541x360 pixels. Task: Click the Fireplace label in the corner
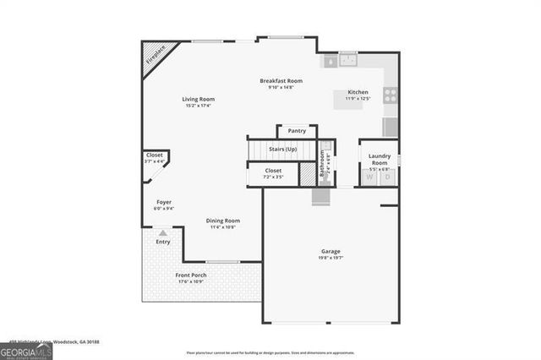click(155, 56)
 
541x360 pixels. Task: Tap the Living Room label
click(198, 99)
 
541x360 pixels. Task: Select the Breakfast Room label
click(280, 81)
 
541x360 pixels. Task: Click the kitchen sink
click(347, 60)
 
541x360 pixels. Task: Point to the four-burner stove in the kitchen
click(391, 95)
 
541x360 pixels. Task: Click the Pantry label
click(297, 131)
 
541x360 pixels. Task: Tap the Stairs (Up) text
click(282, 150)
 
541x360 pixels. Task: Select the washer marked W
click(369, 177)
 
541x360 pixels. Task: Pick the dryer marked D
click(388, 177)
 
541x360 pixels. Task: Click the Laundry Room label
click(380, 159)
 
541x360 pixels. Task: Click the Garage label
click(331, 252)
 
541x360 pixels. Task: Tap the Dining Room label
click(223, 221)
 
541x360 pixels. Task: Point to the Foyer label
click(163, 203)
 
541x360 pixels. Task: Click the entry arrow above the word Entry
click(162, 231)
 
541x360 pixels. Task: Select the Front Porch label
click(191, 275)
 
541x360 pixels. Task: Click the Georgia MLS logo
click(26, 347)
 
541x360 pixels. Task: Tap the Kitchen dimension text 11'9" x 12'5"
click(358, 100)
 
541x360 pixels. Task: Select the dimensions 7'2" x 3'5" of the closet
click(273, 177)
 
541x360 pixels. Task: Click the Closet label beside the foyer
click(155, 155)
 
